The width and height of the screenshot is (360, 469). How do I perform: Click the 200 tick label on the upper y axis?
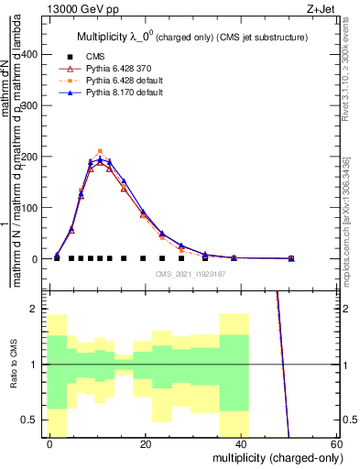coord(32,157)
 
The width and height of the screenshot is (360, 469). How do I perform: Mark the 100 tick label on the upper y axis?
coord(32,208)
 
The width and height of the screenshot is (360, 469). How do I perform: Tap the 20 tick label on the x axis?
coord(146,443)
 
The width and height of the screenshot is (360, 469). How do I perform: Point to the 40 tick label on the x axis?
coord(241,443)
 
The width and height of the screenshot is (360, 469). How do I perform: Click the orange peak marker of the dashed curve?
coord(100,151)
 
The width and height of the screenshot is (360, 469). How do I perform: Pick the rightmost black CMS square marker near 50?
coord(291,258)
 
